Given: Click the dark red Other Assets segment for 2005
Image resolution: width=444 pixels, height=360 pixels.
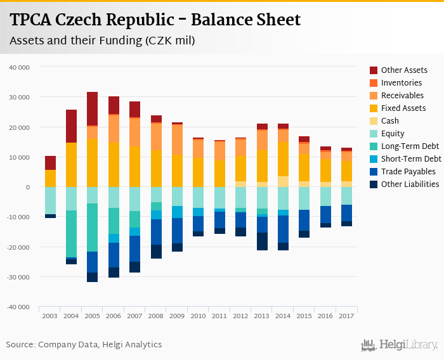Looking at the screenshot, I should pos(93,108).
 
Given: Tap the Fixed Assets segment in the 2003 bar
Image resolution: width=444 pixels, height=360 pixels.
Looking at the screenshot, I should pos(50,178).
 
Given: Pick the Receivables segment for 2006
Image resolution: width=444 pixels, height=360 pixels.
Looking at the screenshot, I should pos(114,128).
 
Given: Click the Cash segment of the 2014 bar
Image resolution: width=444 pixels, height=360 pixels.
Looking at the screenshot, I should pos(283,181).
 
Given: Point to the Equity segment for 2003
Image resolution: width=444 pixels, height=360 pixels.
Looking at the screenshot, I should pos(50,200).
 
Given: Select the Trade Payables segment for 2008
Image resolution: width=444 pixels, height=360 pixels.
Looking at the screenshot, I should pos(156,232).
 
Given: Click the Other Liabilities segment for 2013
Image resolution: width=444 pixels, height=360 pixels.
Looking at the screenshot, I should pos(262,241).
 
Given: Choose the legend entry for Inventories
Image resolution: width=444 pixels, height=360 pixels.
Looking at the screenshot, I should pos(401,83).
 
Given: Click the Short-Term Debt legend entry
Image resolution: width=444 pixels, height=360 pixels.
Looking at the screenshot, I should pos(410,159).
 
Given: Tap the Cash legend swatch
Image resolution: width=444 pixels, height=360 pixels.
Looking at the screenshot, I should pos(374,121).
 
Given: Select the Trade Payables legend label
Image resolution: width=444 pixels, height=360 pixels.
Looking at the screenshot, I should pos(408,172).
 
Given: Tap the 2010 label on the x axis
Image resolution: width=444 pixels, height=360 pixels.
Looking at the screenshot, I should pos(199,316).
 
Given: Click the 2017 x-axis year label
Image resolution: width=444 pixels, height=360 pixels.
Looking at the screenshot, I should pos(346,316).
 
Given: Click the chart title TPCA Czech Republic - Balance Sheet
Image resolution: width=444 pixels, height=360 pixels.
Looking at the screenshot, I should pos(155,20).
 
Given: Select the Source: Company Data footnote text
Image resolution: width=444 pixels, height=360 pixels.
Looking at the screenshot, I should pos(84,345).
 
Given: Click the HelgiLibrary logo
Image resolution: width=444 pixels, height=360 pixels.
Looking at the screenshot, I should pos(400,345).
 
